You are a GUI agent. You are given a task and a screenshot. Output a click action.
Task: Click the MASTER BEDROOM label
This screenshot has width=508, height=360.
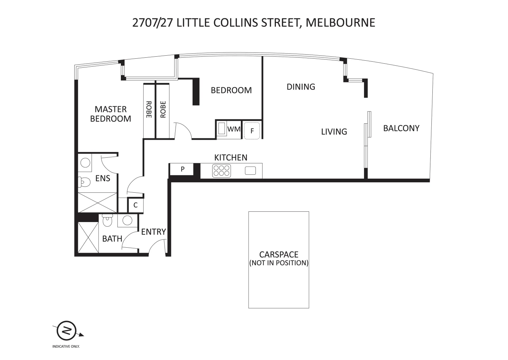pyautogui.click(x=111, y=114)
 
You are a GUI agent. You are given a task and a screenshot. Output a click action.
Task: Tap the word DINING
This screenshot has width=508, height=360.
pyautogui.click(x=301, y=87)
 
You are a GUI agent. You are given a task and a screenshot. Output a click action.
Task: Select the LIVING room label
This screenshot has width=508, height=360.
pyautogui.click(x=334, y=132)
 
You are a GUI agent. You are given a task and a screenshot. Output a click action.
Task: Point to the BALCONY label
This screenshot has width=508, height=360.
pyautogui.click(x=401, y=128)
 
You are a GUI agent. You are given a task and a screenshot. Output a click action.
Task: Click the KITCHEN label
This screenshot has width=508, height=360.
pyautogui.click(x=231, y=157)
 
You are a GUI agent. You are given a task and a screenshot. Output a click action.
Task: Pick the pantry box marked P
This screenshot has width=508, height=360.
pyautogui.click(x=182, y=169)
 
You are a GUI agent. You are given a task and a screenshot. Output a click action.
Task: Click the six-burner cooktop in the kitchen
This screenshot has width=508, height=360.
pyautogui.click(x=222, y=171)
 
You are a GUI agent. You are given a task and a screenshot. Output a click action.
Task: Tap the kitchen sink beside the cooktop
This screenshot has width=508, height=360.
pyautogui.click(x=250, y=171)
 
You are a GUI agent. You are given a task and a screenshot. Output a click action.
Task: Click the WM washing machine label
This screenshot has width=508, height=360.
pyautogui.click(x=234, y=129)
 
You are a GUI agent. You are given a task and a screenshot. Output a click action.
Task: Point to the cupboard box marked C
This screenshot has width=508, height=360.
pyautogui.click(x=136, y=205)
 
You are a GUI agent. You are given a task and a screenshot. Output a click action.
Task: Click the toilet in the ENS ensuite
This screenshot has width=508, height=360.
pyautogui.click(x=84, y=182)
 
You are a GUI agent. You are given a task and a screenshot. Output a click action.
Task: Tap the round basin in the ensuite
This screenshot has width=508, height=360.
pyautogui.click(x=85, y=163)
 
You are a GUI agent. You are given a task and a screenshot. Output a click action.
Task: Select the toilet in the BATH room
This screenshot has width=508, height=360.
pyautogui.click(x=108, y=221)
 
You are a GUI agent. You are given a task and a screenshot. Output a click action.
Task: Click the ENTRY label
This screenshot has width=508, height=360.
pyautogui.click(x=153, y=232)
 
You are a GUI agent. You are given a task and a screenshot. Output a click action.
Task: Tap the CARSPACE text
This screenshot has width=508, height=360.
pyautogui.click(x=278, y=255)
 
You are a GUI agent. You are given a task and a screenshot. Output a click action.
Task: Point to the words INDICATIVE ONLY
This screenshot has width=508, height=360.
pyautogui.click(x=66, y=347)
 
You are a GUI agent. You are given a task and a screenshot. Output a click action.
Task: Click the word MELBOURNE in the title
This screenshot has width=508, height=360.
pyautogui.click(x=340, y=22)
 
